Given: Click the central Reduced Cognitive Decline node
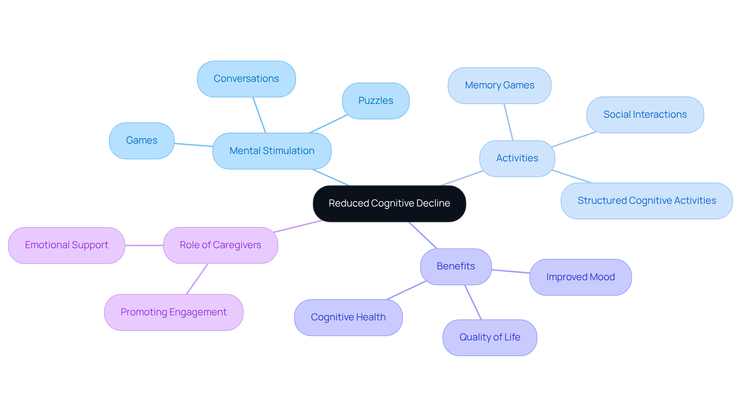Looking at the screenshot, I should click(389, 203).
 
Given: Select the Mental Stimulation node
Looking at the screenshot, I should click(272, 151).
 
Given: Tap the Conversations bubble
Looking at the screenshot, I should click(246, 79).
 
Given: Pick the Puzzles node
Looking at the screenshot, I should click(376, 101).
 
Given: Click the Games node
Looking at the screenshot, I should click(142, 140).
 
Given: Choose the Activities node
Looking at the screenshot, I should click(517, 158).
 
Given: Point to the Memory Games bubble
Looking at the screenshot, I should click(499, 85).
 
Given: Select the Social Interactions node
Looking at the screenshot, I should click(645, 115).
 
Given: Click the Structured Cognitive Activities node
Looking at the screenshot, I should click(646, 201).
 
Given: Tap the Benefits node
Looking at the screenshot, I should click(455, 266).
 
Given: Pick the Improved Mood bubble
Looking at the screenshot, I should click(580, 277).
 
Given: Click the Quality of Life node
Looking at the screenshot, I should click(489, 337).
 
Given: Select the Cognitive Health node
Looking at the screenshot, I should click(348, 317).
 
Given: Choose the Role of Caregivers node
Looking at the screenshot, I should click(220, 245).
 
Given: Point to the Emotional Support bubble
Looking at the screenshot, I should click(66, 245).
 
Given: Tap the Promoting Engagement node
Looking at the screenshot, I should click(174, 312).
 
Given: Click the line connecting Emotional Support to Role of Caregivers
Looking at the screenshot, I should click(144, 245).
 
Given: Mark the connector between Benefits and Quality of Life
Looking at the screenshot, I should click(473, 302).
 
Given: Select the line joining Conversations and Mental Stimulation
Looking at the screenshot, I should click(259, 115).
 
